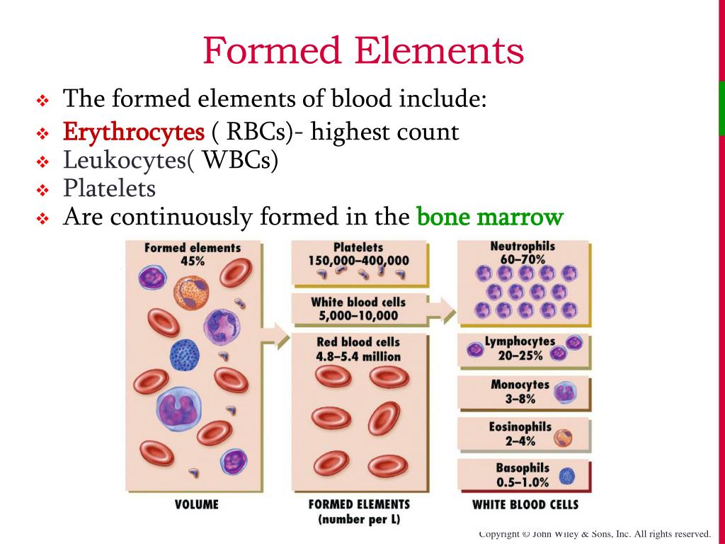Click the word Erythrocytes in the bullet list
(134, 132)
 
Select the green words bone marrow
(490, 216)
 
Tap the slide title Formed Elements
(363, 50)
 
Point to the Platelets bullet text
(109, 188)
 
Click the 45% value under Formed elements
(193, 261)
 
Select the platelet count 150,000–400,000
(359, 261)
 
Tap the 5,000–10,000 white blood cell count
(358, 315)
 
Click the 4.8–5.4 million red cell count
(358, 356)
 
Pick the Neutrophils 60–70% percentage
(523, 259)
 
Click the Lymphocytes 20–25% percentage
(520, 356)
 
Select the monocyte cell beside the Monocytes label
(565, 392)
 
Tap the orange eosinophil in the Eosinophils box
(563, 437)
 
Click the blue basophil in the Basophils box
(567, 476)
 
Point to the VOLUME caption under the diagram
(197, 504)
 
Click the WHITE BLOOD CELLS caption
(525, 504)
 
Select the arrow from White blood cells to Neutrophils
(442, 310)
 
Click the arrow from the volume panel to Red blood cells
(276, 336)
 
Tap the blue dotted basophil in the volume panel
(185, 355)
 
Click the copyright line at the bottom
(595, 534)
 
